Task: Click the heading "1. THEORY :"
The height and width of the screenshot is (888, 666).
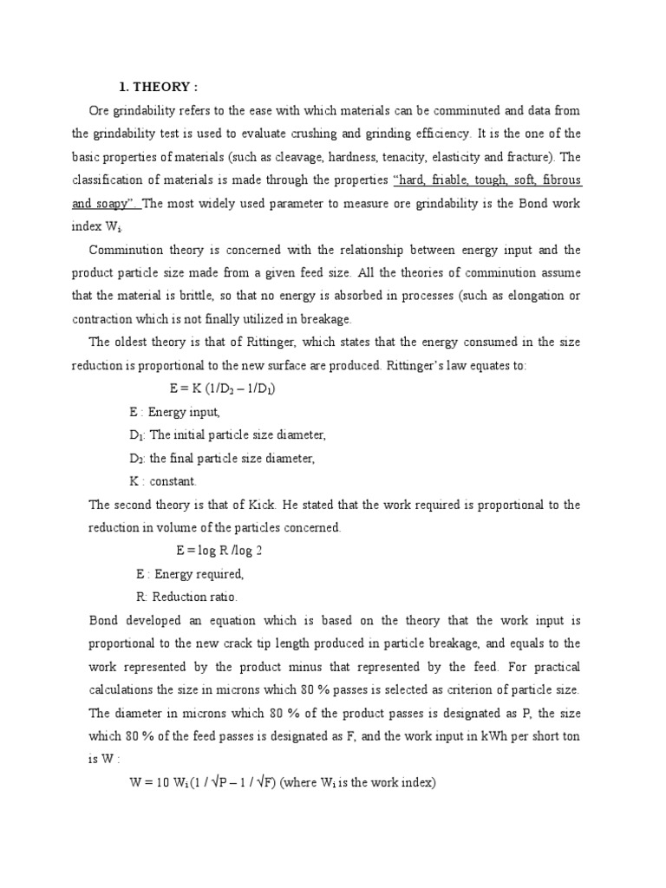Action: click(x=158, y=87)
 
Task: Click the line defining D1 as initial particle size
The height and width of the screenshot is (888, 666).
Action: click(x=227, y=435)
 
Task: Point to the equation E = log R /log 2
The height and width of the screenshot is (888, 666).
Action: click(x=219, y=551)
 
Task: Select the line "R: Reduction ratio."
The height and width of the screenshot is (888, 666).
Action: click(x=186, y=597)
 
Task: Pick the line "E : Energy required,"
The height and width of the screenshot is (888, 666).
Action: click(x=190, y=574)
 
